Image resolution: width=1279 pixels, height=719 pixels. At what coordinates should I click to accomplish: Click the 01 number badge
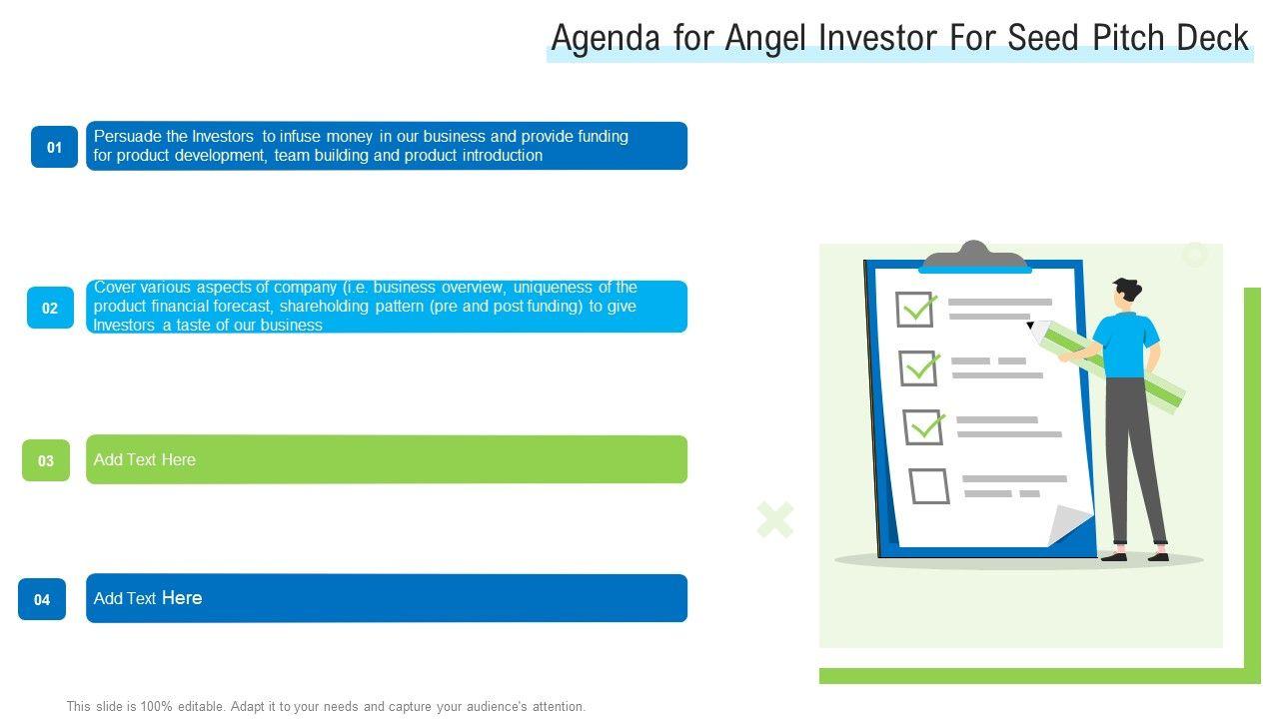click(54, 147)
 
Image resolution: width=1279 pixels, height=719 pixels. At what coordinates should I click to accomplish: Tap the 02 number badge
click(50, 308)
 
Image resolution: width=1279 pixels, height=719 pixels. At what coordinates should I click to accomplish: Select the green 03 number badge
click(46, 460)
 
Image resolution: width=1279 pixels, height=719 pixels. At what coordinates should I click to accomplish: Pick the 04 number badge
click(42, 599)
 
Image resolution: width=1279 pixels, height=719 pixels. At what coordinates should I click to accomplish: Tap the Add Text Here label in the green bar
click(145, 459)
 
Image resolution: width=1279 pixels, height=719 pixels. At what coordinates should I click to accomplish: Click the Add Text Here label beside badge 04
click(148, 598)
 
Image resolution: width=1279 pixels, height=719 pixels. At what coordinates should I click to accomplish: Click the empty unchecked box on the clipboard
click(929, 486)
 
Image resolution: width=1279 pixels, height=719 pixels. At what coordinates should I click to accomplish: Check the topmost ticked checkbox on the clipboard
click(915, 310)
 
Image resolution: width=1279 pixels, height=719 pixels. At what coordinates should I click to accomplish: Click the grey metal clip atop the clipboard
click(974, 255)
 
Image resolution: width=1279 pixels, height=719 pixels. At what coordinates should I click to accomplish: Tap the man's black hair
click(1128, 290)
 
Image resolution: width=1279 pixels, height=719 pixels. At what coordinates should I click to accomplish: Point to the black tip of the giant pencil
click(1030, 326)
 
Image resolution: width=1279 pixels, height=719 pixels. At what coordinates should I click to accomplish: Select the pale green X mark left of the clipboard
click(774, 519)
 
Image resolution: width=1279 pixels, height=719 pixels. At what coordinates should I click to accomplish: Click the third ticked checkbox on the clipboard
click(923, 427)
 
